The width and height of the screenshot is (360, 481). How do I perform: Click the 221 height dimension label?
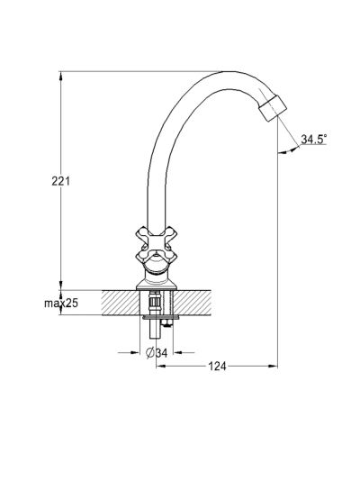60,181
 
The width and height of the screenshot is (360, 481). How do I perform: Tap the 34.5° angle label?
314,139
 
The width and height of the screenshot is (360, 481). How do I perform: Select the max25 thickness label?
61,303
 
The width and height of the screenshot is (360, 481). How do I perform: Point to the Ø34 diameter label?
157,353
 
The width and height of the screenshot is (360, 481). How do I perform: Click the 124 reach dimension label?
217,366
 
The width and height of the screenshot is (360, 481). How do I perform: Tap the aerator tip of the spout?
273,108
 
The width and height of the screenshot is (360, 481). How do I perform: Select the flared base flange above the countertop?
157,284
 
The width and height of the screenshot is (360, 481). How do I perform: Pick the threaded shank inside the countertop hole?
155,303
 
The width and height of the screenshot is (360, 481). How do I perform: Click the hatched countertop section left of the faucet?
121,303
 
